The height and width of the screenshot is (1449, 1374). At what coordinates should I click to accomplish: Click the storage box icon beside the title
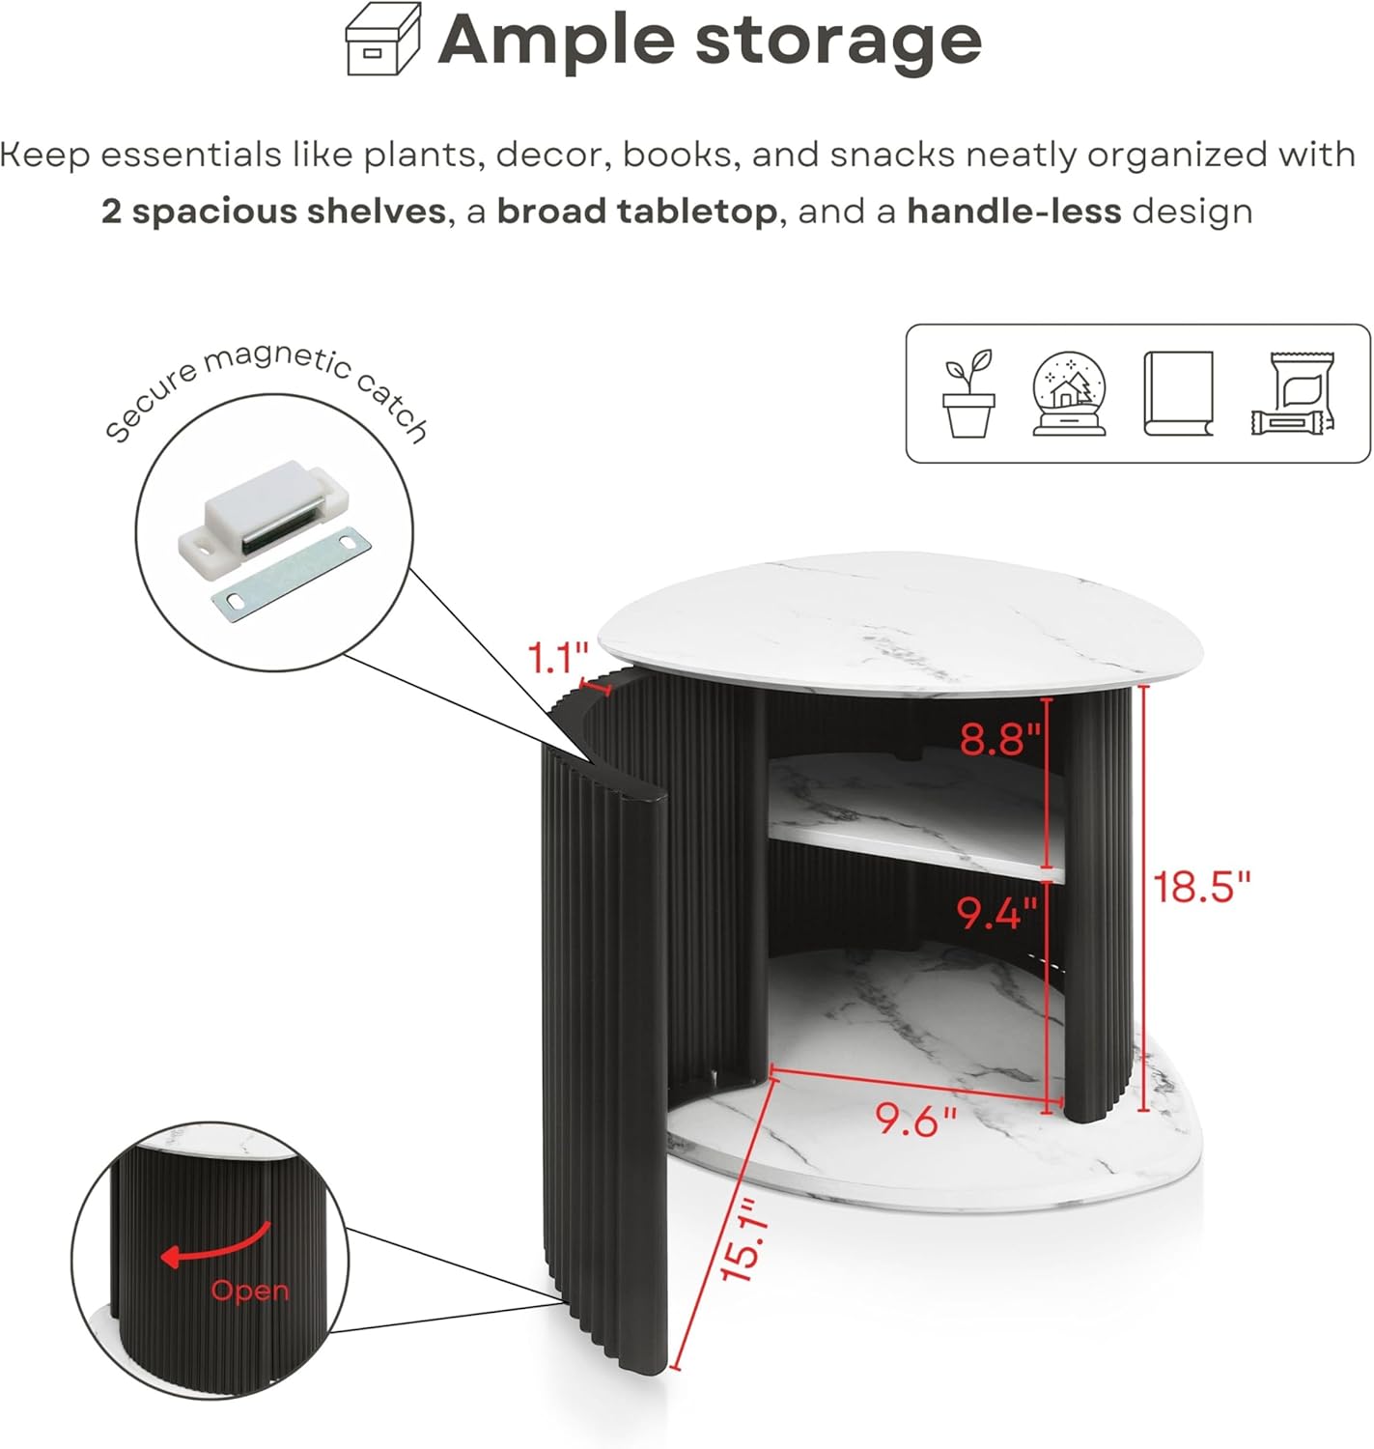[x=383, y=39]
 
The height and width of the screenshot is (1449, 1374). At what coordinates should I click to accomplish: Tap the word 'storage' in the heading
[x=838, y=42]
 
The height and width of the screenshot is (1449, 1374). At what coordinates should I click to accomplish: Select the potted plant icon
[x=968, y=393]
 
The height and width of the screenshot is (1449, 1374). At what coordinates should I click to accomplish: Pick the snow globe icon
[x=1069, y=393]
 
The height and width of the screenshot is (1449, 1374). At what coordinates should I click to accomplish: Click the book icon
[x=1178, y=393]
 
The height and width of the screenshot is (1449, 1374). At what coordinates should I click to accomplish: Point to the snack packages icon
[x=1293, y=393]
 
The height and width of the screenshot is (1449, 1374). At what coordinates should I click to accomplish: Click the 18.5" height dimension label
[x=1201, y=887]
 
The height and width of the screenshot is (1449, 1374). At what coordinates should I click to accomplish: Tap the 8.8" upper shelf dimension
[x=1000, y=738]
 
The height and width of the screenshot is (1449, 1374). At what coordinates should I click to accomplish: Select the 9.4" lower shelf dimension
[x=996, y=913]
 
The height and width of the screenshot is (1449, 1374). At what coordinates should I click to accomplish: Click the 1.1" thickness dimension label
[x=558, y=658]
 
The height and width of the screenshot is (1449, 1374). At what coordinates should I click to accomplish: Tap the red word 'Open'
[x=250, y=1291]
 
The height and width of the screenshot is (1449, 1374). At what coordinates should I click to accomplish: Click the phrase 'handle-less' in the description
[x=1014, y=212]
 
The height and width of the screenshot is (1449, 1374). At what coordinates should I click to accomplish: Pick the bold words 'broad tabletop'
[x=637, y=212]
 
